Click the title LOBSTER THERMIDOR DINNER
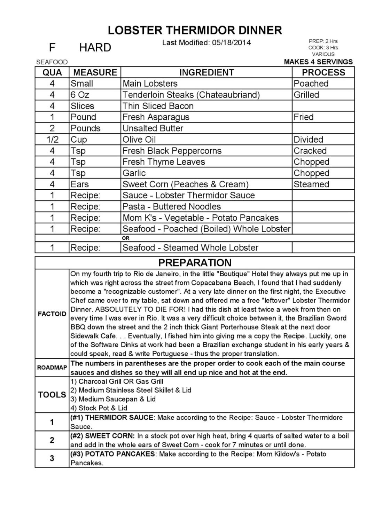195,30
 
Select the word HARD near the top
95,47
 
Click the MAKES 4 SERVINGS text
318,62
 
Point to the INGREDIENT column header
206,72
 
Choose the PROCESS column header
323,72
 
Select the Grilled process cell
306,95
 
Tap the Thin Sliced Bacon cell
158,106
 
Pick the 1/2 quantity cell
52,140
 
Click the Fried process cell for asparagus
303,117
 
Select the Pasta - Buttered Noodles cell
171,206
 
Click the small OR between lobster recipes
126,238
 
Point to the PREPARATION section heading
195,262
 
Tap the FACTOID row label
52,314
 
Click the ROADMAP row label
52,368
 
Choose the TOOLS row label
52,394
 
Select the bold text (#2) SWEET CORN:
103,436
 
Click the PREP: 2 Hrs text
323,41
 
